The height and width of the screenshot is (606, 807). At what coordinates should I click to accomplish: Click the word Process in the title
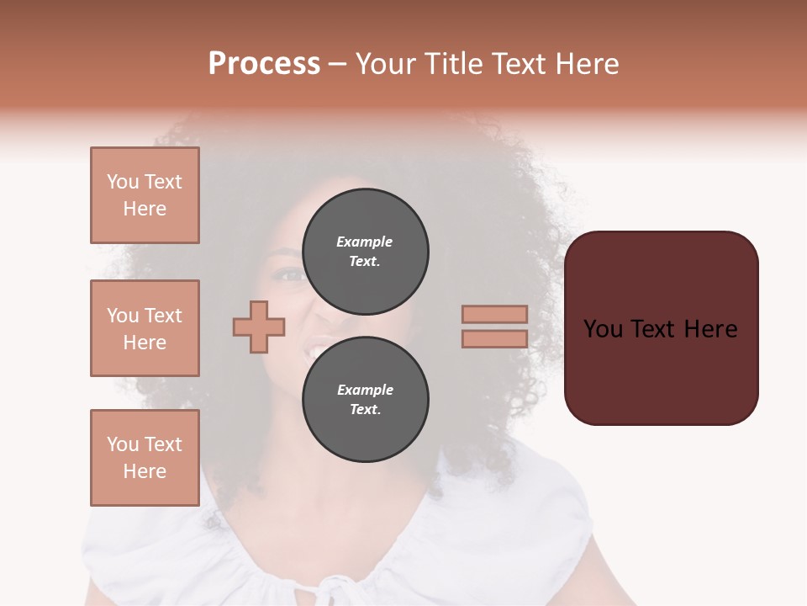(x=264, y=64)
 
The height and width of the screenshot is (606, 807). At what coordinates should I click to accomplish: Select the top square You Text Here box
(x=145, y=195)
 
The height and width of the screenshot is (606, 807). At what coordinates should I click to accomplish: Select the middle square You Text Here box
(x=145, y=328)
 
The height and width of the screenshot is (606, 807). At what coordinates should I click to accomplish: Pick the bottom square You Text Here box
(x=145, y=458)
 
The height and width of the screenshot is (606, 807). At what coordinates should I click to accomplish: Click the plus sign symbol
(x=259, y=327)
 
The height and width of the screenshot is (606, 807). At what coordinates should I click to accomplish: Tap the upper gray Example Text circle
(x=365, y=252)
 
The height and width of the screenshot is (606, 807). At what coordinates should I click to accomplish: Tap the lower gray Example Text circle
(x=365, y=400)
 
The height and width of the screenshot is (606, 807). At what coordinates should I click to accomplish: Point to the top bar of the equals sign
(x=494, y=314)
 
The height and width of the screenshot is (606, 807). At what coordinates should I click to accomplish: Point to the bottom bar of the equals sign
(x=494, y=339)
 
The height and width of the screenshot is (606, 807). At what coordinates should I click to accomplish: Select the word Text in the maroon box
(x=660, y=329)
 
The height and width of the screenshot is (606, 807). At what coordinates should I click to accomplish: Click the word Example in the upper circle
(x=364, y=242)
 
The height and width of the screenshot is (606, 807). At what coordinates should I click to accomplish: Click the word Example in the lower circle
(x=365, y=390)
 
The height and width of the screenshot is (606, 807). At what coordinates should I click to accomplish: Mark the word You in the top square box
(x=123, y=182)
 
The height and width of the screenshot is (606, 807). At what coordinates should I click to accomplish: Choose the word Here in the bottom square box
(x=145, y=471)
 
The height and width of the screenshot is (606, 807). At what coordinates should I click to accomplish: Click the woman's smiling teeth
(x=319, y=346)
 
